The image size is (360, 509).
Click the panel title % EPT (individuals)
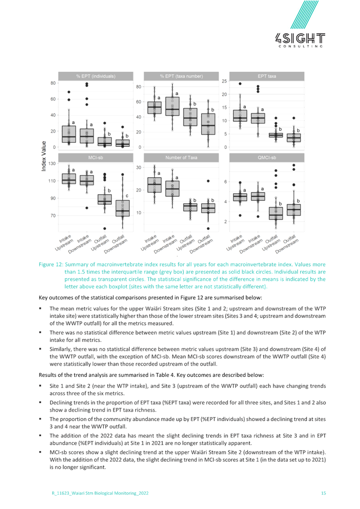tap(96, 76)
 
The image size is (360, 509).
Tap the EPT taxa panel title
tap(267, 76)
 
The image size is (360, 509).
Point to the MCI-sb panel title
tap(96, 158)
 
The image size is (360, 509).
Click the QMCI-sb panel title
tap(267, 158)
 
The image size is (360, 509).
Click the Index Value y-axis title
tap(43, 156)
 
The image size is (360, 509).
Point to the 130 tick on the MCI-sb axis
tap(52, 164)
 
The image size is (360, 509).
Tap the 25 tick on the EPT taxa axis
tap(224, 81)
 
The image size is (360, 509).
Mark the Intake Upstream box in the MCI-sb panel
tap(69, 179)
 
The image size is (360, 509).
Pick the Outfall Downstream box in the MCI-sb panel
tap(122, 208)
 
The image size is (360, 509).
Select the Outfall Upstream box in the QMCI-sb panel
tap(276, 214)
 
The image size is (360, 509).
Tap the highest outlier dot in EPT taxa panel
tap(240, 83)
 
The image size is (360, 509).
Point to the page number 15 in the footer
tap(324, 493)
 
